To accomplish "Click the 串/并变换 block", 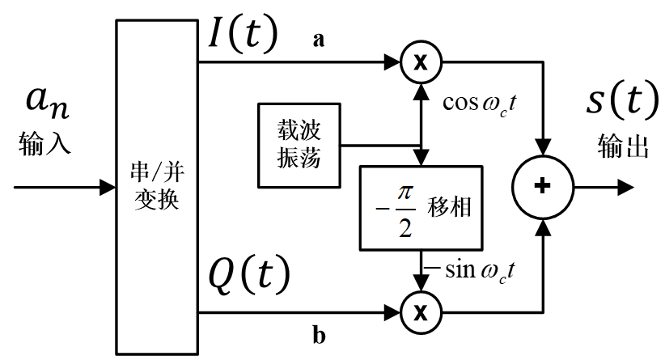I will [159, 186].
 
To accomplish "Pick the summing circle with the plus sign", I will [543, 187].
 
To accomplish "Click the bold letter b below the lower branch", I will [318, 333].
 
